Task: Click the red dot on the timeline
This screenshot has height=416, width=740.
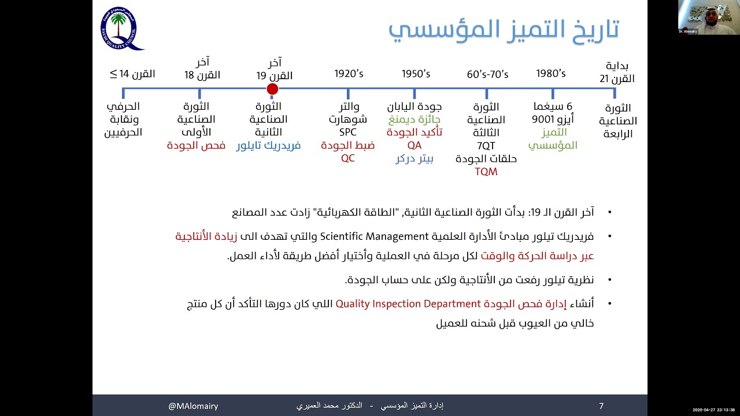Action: click(272, 89)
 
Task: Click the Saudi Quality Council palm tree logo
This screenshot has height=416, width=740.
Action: click(120, 28)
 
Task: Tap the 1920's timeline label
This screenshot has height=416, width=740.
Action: click(349, 74)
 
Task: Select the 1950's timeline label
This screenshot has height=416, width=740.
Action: click(416, 74)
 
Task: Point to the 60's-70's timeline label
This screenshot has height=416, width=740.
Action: click(487, 75)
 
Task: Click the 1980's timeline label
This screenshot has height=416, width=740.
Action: click(551, 74)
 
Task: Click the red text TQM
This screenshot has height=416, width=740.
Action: click(486, 172)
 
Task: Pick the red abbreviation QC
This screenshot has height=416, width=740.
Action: click(347, 158)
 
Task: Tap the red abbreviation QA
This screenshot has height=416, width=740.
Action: click(415, 146)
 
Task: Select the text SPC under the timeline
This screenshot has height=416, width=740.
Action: click(348, 133)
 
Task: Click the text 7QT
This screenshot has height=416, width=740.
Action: click(486, 146)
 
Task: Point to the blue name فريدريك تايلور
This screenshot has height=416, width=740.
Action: click(268, 146)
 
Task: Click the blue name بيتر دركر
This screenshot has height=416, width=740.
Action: click(415, 159)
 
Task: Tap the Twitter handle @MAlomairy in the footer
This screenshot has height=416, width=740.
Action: click(193, 406)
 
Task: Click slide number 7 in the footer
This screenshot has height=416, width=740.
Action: click(601, 406)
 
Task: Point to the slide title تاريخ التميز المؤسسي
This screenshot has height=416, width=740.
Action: click(504, 29)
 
